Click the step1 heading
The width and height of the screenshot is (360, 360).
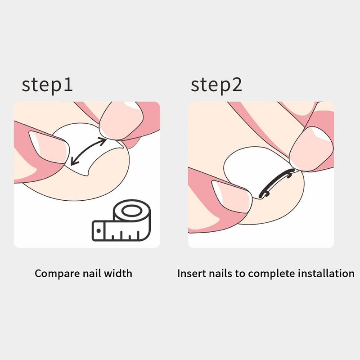47,85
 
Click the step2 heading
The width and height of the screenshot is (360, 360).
216,85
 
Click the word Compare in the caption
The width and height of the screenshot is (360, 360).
53,273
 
